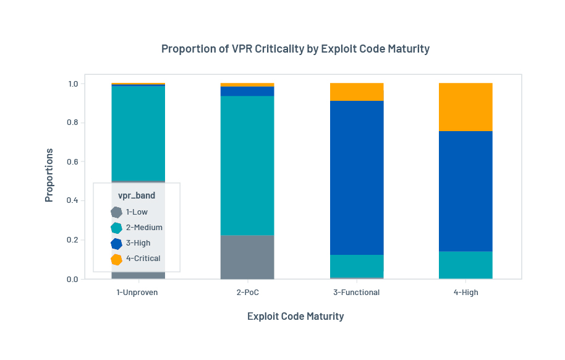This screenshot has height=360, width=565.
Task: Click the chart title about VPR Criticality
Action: tap(295, 49)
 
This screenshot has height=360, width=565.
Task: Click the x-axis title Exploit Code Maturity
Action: tap(295, 316)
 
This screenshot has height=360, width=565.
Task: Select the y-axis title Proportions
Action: tap(49, 175)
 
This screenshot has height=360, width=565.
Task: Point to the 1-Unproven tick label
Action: tap(137, 293)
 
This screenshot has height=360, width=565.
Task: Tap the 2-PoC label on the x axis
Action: tap(247, 293)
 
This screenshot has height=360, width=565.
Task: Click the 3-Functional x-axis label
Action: tap(356, 293)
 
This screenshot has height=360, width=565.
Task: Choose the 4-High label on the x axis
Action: tap(465, 293)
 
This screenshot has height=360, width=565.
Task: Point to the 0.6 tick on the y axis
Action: tap(73, 162)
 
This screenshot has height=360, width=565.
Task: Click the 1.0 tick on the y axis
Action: tap(73, 84)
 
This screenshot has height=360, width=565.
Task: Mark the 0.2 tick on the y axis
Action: tap(73, 240)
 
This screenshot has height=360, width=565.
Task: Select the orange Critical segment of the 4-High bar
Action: tap(465, 107)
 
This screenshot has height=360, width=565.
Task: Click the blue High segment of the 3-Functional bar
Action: tap(356, 178)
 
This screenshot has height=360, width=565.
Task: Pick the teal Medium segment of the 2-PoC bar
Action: tap(247, 165)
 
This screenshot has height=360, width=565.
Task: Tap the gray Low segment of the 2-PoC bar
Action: tap(247, 257)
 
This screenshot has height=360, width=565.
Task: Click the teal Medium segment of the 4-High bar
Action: tap(465, 265)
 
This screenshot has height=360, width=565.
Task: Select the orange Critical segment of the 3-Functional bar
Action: tap(356, 92)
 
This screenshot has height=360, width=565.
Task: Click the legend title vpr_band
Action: tap(137, 195)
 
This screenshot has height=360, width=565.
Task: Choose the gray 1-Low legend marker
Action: tap(116, 212)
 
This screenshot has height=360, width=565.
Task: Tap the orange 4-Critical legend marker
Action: tap(116, 259)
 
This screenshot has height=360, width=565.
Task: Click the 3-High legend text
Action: tap(138, 243)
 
